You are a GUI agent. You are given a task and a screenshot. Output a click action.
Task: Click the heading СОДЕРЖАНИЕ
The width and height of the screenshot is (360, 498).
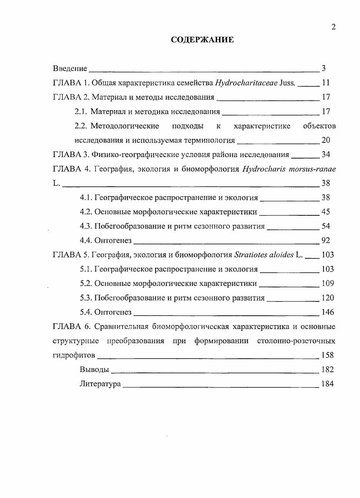pos(202,40)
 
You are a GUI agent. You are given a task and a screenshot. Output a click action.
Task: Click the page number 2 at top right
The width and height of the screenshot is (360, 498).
pos(333,27)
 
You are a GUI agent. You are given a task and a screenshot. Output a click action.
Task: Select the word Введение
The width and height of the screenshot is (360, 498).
pos(70,68)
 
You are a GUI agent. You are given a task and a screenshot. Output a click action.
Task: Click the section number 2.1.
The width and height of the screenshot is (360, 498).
pos(81,112)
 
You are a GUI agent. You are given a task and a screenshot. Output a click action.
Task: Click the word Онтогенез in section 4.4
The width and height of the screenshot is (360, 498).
pos(113,240)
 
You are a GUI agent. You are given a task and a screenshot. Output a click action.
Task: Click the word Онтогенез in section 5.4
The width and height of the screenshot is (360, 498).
pos(113,312)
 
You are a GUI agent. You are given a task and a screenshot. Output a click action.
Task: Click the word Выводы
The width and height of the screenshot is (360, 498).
pos(94,370)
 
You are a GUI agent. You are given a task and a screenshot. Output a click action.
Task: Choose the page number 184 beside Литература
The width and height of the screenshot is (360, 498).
pos(327,384)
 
